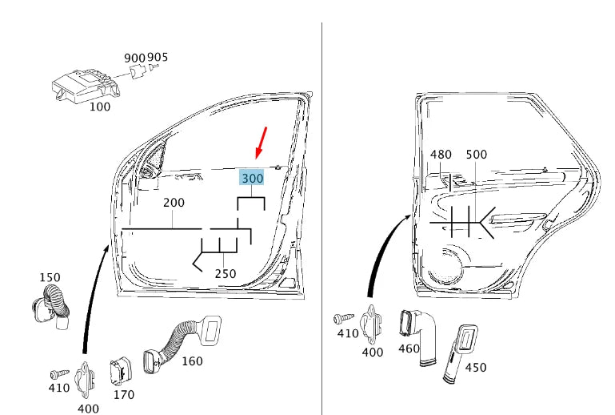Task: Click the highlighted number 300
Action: tap(252, 178)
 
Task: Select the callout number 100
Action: tap(100, 107)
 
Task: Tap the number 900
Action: tap(134, 58)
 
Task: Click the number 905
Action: tap(158, 58)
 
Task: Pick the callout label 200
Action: tap(174, 203)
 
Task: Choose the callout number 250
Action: tap(226, 274)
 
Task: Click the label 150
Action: tap(50, 277)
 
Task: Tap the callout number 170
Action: tap(123, 394)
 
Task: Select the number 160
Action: tap(192, 361)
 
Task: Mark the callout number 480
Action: tap(441, 155)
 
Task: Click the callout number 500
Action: tap(476, 155)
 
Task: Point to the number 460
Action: tap(409, 350)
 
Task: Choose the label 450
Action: tap(475, 368)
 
